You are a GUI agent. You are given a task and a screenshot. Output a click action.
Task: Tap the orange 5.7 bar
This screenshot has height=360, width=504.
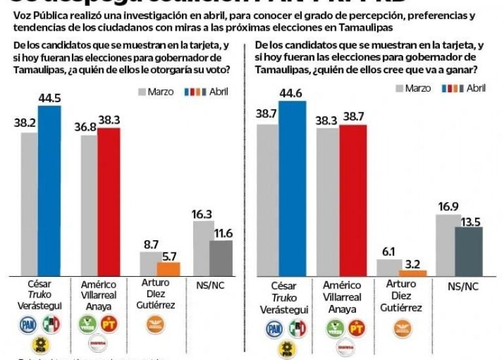tap(169, 268)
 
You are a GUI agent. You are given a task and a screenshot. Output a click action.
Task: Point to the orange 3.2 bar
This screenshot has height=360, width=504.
tap(412, 272)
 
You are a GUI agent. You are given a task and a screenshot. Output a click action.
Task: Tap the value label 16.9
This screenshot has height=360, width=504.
tap(448, 207)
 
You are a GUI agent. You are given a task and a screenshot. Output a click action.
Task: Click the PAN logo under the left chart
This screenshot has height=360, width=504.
tap(27, 323)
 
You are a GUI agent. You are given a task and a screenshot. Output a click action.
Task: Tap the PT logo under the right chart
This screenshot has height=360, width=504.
tap(357, 328)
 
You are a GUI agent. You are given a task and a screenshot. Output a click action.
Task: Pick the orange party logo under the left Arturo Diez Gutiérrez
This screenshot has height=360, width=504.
tap(156, 323)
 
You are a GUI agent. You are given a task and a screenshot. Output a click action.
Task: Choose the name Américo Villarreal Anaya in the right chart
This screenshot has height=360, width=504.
tap(347, 298)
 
